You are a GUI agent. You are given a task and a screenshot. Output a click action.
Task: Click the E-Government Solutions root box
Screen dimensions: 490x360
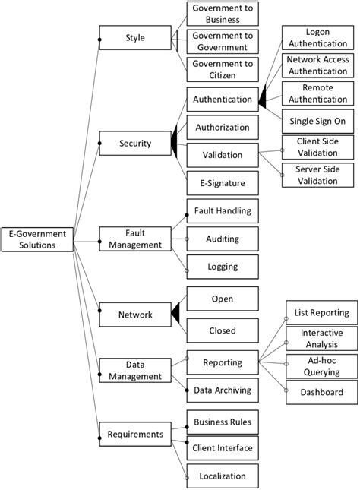pyautogui.click(x=37, y=239)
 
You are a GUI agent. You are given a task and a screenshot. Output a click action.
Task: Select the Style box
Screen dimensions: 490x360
pyautogui.click(x=135, y=37)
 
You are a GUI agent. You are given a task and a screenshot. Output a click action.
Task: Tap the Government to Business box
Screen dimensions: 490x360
pyautogui.click(x=223, y=13)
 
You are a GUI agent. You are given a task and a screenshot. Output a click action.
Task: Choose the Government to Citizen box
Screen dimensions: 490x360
pyautogui.click(x=223, y=69)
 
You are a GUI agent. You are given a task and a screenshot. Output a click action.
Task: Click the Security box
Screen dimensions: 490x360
pyautogui.click(x=135, y=143)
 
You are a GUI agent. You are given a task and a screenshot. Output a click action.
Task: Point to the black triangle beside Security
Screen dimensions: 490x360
pyautogui.click(x=175, y=143)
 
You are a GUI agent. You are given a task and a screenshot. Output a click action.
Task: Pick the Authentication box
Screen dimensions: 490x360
pyautogui.click(x=223, y=100)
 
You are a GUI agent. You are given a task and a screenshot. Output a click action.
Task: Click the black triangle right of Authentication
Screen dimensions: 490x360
pyautogui.click(x=263, y=100)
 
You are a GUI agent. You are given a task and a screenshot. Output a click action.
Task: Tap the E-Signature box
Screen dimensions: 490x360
pyautogui.click(x=223, y=183)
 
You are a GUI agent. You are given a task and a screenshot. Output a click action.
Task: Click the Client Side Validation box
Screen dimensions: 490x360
pyautogui.click(x=317, y=147)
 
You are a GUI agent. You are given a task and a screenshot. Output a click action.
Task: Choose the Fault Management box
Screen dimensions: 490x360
pyautogui.click(x=135, y=239)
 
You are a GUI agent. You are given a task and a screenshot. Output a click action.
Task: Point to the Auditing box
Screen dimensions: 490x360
pyautogui.click(x=223, y=239)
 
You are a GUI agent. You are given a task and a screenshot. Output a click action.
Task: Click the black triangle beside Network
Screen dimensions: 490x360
pyautogui.click(x=175, y=314)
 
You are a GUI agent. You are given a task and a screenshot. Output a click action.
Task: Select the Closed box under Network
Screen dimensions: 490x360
pyautogui.click(x=223, y=330)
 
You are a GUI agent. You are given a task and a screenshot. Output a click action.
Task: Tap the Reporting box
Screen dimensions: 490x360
pyautogui.click(x=223, y=362)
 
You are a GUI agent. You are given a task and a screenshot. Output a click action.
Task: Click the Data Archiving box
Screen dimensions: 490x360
pyautogui.click(x=223, y=390)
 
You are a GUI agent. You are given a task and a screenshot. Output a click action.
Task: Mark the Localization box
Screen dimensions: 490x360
pyautogui.click(x=223, y=476)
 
